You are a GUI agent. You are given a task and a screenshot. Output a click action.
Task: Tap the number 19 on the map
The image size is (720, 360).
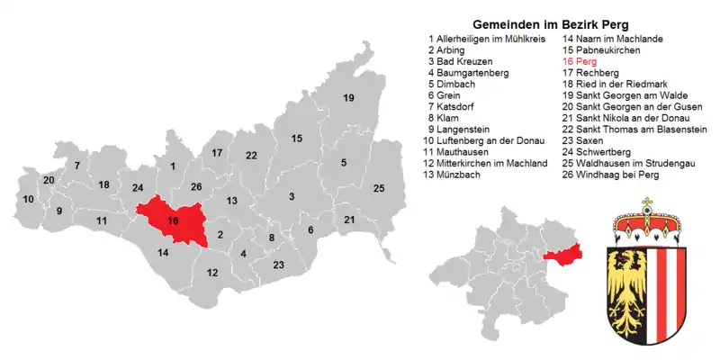pyautogui.click(x=348, y=98)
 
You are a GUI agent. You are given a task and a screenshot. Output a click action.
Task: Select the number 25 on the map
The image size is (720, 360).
pyautogui.click(x=379, y=188)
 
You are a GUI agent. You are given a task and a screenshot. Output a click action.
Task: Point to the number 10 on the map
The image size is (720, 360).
pyautogui.click(x=29, y=199)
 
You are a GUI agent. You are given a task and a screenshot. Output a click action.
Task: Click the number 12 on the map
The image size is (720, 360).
pyautogui.click(x=212, y=273)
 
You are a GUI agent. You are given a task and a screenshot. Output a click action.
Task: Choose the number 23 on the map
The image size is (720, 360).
pyautogui.click(x=279, y=265)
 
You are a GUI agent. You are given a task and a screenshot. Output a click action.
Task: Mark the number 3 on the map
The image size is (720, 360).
pyautogui.click(x=292, y=196)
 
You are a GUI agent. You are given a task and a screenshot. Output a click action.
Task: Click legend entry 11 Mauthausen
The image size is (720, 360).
pyautogui.click(x=467, y=152)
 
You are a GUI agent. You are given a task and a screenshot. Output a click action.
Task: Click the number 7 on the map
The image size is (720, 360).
pyautogui.click(x=77, y=166)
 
